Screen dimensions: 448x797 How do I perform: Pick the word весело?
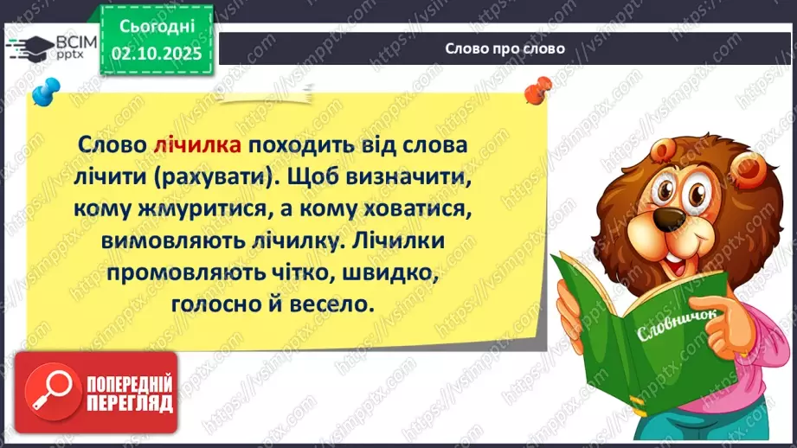pyautogui.click(x=331, y=305)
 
